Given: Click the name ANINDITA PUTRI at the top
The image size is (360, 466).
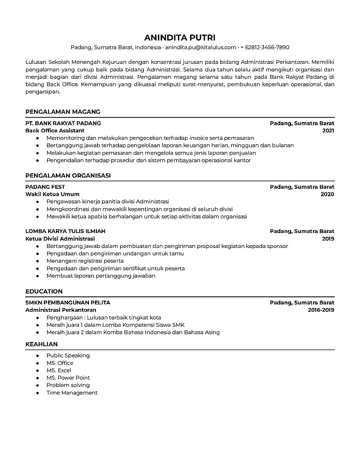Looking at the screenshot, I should pos(180,37).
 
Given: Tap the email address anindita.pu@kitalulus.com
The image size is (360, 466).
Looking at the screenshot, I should pos(200,48).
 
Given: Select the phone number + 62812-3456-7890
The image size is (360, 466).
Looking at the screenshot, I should pos(265,48).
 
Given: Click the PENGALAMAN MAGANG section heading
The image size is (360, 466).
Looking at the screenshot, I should pos(63,112).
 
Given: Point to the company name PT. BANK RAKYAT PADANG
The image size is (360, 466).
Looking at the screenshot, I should pos(63,123).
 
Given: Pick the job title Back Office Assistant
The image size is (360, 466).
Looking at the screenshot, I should pos(55,131).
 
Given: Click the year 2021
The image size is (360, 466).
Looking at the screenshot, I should pos(328,131).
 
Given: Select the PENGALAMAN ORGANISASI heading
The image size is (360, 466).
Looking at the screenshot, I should pos(68,175).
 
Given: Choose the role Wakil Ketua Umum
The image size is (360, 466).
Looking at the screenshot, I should pos(53,194).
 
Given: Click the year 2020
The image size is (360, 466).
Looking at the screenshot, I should pos(327,194).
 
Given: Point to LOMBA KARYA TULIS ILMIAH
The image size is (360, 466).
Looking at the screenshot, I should pos(65,231).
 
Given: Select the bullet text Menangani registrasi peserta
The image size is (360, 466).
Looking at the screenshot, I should pos(85,261).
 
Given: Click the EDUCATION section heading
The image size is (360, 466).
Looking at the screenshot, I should pos(44,291).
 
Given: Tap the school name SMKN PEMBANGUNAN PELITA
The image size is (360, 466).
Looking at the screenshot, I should pos(68,302).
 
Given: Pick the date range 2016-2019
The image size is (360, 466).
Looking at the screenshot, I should pos(321,310).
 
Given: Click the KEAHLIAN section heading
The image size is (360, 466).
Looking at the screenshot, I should pos(41,344).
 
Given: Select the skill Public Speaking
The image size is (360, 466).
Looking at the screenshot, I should pos(68,356).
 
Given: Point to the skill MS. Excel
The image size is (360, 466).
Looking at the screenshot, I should pos(59,370).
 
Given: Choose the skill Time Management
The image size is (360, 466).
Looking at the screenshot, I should pos(72,393).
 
